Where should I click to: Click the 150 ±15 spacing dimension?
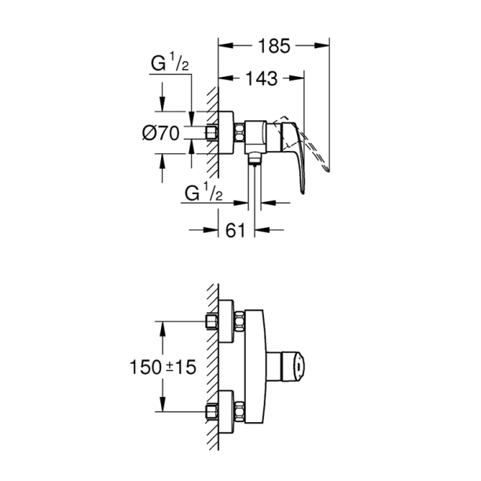pyautogui.click(x=162, y=366)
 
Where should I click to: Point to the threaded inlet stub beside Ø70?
pyautogui.click(x=211, y=133)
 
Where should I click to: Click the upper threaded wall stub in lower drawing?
pyautogui.click(x=211, y=321)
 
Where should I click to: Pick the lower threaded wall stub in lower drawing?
pyautogui.click(x=211, y=411)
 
